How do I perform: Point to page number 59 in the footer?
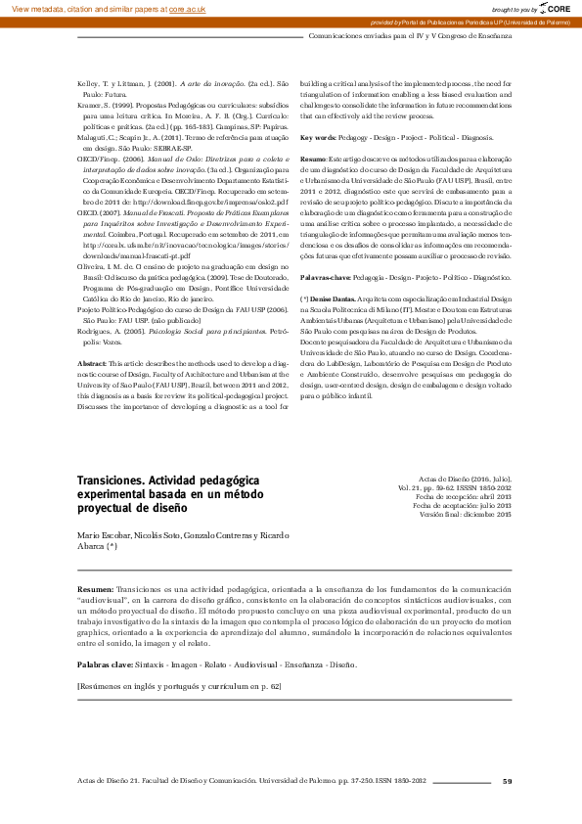point(507,780)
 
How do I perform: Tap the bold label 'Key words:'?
point(318,138)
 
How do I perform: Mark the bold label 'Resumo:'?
point(313,158)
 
